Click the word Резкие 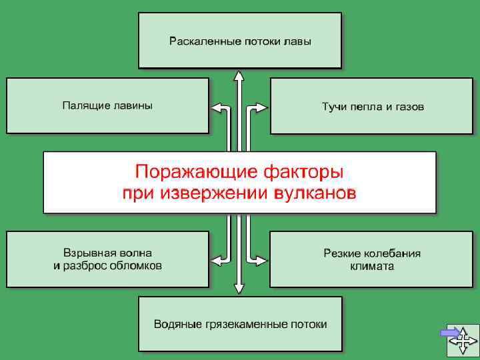coord(342,253)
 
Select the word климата coord(372,265)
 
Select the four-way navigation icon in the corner coord(463,339)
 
